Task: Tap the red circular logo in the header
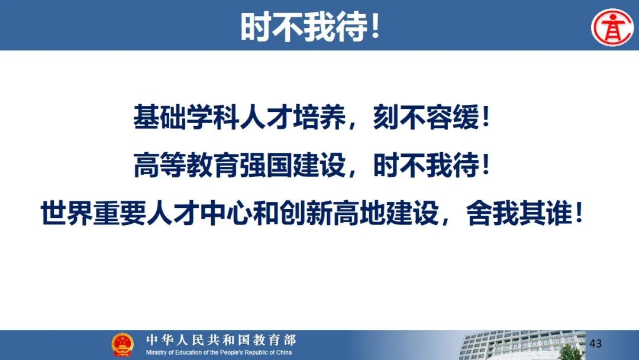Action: [613, 27]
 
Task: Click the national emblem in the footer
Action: [122, 345]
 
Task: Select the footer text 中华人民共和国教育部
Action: [221, 340]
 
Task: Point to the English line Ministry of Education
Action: [219, 352]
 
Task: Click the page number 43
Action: [595, 343]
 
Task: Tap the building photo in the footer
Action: [522, 345]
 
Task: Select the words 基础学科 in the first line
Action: [186, 118]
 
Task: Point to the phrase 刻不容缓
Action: [426, 118]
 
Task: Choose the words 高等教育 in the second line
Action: [186, 165]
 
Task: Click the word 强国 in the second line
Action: [266, 165]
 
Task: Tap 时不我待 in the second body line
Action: [426, 165]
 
